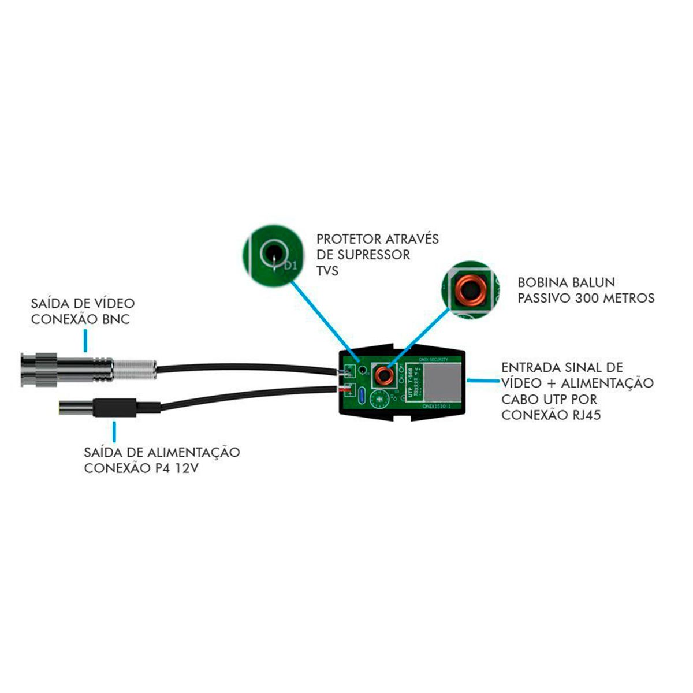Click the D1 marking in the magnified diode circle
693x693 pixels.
[291, 267]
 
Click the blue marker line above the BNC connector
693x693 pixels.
[85, 340]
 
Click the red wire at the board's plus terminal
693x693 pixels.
[345, 391]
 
